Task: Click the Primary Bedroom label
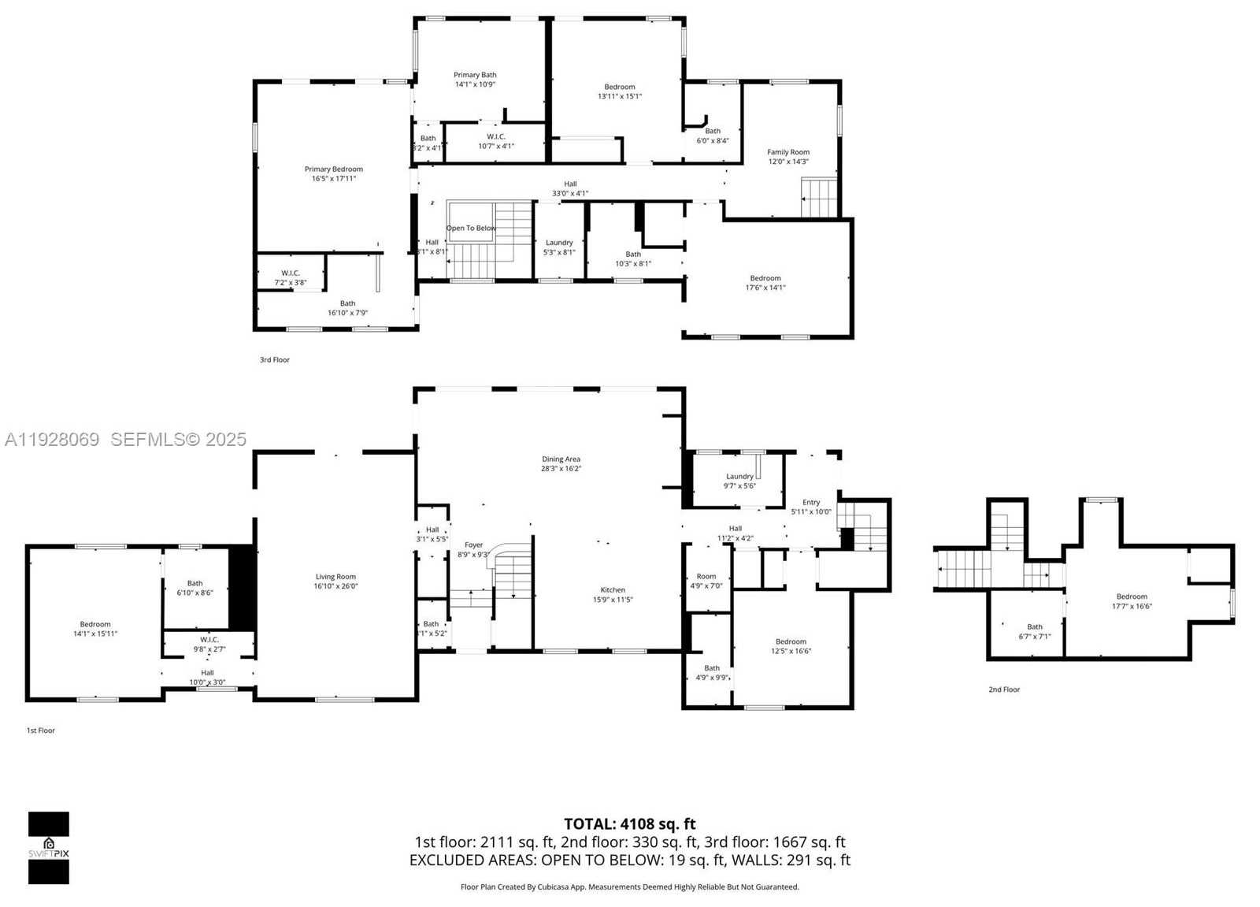(334, 173)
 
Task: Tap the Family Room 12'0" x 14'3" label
(788, 157)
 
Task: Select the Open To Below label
(471, 228)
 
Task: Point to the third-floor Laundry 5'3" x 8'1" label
(559, 247)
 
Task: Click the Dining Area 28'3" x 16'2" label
(561, 463)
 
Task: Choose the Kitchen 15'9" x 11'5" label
(613, 594)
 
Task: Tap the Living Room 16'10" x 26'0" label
(335, 582)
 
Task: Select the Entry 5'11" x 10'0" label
(811, 507)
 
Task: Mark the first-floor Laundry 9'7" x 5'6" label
(739, 481)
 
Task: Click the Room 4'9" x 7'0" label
(706, 581)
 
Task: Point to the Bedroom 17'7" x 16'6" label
(1132, 601)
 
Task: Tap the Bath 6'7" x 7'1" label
(1035, 631)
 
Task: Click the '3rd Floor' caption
(275, 360)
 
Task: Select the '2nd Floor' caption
(1004, 690)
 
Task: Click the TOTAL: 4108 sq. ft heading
(630, 824)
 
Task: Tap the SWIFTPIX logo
(48, 848)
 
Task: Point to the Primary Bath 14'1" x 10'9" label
(475, 79)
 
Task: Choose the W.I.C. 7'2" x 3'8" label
(291, 277)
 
